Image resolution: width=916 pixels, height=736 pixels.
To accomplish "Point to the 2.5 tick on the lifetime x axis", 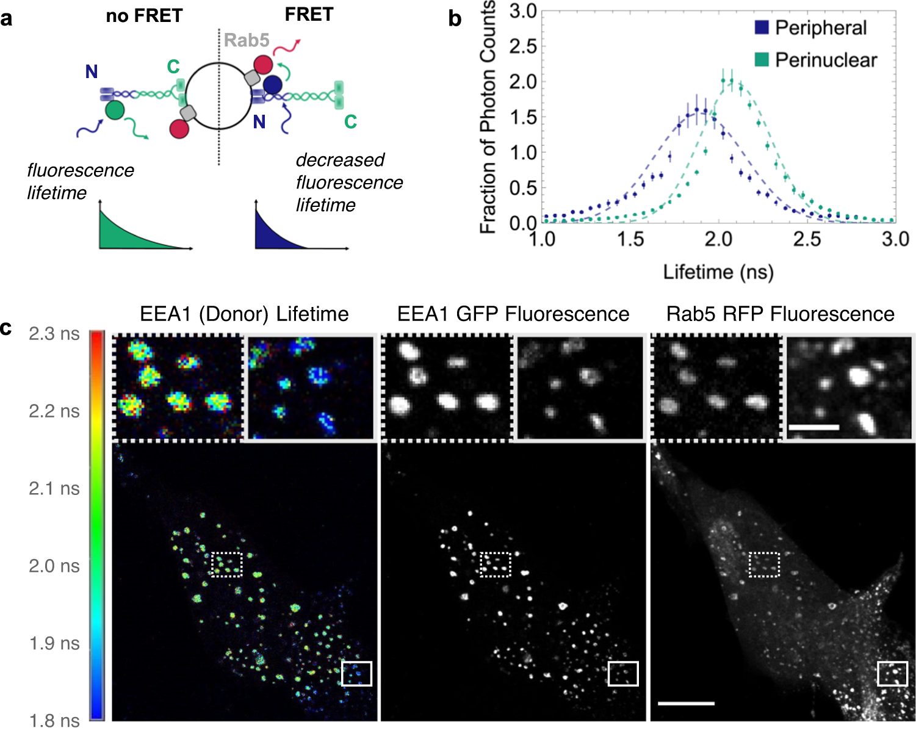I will (807, 239).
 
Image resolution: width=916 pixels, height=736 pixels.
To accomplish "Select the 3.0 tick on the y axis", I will (522, 11).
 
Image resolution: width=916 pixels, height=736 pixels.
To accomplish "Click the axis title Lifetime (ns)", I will (718, 272).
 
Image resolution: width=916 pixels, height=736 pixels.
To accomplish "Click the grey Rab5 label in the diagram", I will (247, 40).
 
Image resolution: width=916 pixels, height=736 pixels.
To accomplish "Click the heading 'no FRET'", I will (144, 15).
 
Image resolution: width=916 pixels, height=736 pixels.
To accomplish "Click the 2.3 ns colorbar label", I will (54, 334).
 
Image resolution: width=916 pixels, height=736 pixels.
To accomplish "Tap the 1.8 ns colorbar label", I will (54, 721).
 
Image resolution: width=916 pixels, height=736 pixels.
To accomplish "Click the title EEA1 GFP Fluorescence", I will (513, 314).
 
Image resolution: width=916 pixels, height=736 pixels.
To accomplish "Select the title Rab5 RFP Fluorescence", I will (780, 314).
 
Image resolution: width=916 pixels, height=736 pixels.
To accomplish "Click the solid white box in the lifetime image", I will (356, 673).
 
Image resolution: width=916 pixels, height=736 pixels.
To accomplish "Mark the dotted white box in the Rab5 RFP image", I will (764, 565).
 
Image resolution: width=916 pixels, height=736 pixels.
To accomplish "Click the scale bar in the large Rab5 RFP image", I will (686, 704).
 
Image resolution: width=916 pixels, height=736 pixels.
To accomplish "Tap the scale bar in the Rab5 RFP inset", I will (813, 427).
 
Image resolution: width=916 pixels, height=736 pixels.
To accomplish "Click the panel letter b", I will (455, 19).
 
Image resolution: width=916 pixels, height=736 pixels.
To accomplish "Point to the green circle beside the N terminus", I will (115, 110).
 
